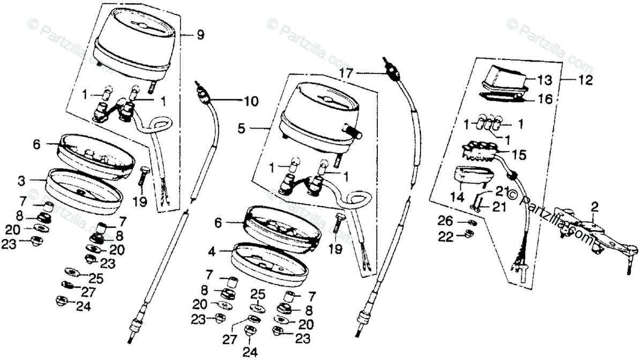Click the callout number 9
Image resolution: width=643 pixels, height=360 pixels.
click(200, 35)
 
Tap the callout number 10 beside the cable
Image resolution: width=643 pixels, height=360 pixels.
click(251, 100)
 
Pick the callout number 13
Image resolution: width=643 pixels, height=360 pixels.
click(544, 80)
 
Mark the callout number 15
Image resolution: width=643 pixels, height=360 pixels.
click(519, 155)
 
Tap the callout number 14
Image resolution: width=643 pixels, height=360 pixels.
click(457, 197)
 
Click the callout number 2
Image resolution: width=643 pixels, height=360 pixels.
click(594, 205)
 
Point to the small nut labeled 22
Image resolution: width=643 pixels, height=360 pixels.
click(468, 234)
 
